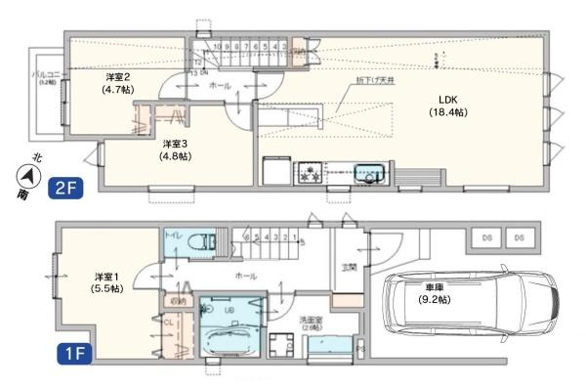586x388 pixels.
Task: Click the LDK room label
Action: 448,106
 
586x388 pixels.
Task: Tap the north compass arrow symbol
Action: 30,177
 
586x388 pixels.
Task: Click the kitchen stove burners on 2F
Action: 312,174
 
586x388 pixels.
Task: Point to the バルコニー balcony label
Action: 45,77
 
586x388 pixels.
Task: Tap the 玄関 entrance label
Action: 348,267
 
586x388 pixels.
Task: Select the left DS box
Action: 485,237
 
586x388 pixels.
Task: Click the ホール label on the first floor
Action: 246,277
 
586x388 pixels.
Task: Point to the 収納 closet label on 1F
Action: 177,302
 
